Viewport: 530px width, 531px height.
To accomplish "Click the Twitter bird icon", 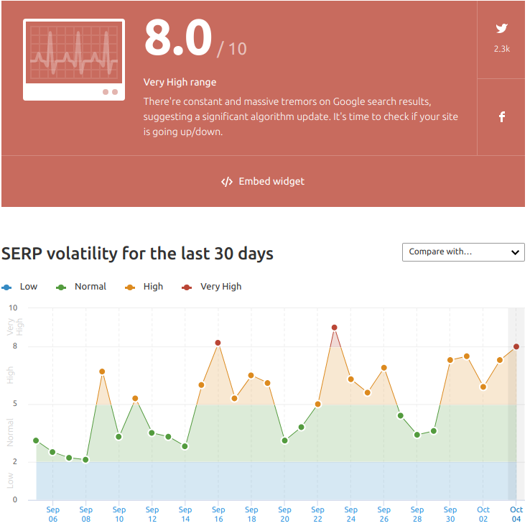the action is pyautogui.click(x=501, y=28).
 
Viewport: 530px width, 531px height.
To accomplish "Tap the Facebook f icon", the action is pyautogui.click(x=502, y=117).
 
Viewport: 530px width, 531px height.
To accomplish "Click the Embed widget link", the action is pyautogui.click(x=263, y=182).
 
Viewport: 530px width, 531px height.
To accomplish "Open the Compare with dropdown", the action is pyautogui.click(x=463, y=252).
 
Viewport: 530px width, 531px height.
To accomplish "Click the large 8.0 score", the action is pyautogui.click(x=178, y=37).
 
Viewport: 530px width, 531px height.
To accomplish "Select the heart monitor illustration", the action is pyautogui.click(x=74, y=60).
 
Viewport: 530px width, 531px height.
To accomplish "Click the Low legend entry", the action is pyautogui.click(x=19, y=287).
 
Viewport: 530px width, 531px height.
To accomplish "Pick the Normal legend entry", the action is pyautogui.click(x=81, y=287).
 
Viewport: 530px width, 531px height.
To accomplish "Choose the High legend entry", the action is pyautogui.click(x=144, y=287).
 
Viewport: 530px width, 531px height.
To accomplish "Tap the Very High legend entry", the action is pyautogui.click(x=212, y=287).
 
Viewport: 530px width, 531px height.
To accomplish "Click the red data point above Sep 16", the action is pyautogui.click(x=218, y=343).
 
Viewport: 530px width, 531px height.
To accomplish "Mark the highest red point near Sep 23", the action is pyautogui.click(x=335, y=328).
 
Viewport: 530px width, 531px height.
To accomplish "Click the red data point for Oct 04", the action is pyautogui.click(x=516, y=346).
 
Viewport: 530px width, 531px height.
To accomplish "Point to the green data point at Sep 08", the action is pyautogui.click(x=85, y=460).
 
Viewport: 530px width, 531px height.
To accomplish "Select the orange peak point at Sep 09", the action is pyautogui.click(x=102, y=371).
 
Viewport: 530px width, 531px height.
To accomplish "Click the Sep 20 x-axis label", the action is pyautogui.click(x=284, y=514).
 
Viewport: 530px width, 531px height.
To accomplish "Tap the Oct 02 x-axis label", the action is pyautogui.click(x=483, y=514).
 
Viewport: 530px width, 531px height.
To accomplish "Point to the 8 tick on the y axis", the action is pyautogui.click(x=15, y=346).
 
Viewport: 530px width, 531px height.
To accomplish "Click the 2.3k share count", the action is pyautogui.click(x=501, y=49).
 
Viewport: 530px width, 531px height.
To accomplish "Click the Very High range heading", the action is pyautogui.click(x=180, y=83).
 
